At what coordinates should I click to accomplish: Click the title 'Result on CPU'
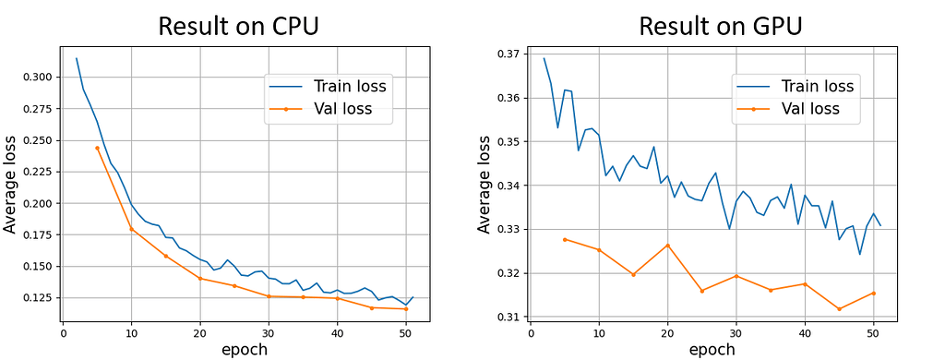(x=239, y=26)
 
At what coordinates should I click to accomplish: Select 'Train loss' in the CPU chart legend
(x=348, y=87)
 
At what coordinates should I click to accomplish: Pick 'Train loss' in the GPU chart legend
(x=817, y=86)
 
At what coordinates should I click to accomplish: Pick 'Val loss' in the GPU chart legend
(x=811, y=110)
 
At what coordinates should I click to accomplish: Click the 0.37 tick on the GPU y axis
(x=506, y=54)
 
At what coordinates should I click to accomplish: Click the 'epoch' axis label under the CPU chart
(x=243, y=349)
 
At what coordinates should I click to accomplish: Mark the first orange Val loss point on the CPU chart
(x=97, y=148)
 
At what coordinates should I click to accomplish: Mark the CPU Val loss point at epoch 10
(x=131, y=229)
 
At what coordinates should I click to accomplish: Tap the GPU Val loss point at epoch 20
(x=667, y=245)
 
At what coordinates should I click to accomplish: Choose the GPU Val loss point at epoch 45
(x=839, y=308)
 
